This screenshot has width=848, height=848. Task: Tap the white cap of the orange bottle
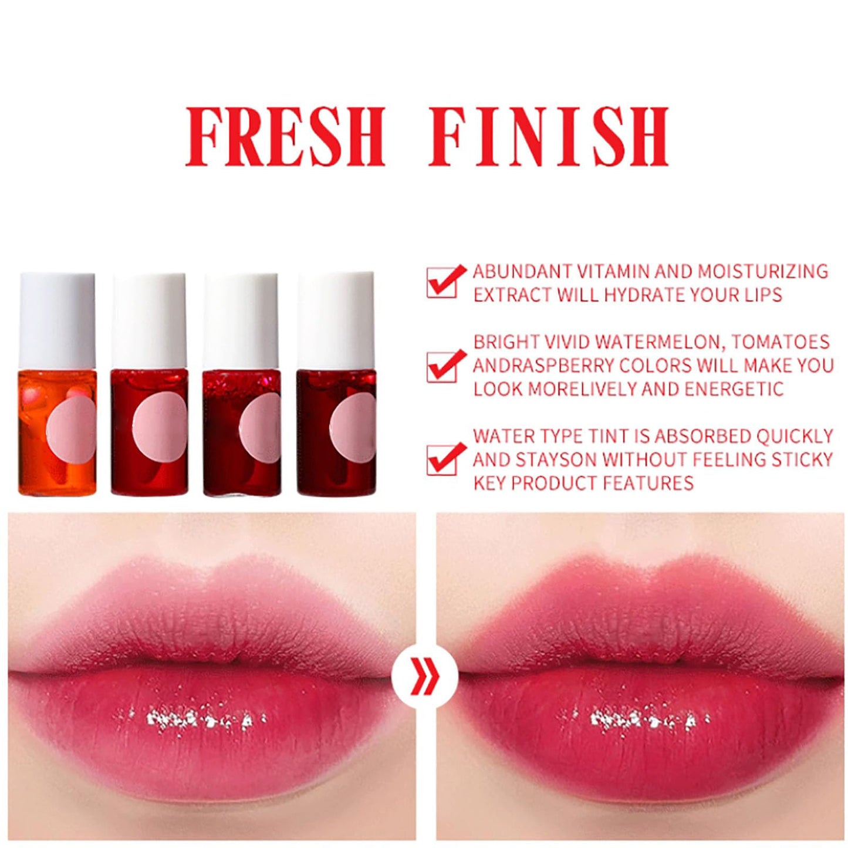coord(57,321)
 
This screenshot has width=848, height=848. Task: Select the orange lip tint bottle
coord(57,384)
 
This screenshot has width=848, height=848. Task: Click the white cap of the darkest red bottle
coord(336,321)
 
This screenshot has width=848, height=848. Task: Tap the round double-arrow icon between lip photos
coord(425,684)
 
